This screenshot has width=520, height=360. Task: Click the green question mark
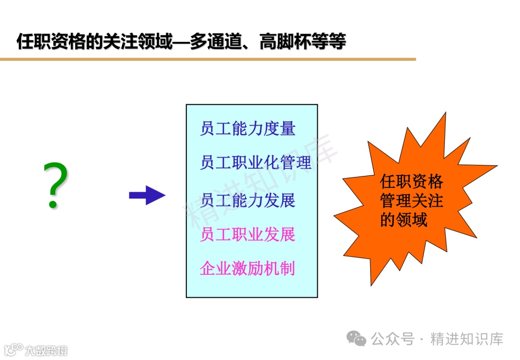click(55, 186)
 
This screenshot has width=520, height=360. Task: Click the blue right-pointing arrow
click(147, 195)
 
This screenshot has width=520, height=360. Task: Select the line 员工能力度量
click(247, 129)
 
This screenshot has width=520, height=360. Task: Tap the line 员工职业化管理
click(256, 163)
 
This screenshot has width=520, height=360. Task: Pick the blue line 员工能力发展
click(247, 200)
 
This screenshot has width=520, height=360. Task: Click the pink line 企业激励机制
click(247, 268)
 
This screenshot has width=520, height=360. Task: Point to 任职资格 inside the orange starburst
click(411, 182)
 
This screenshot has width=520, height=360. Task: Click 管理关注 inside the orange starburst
click(411, 200)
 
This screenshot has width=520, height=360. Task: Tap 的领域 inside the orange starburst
click(403, 220)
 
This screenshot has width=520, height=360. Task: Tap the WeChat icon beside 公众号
click(357, 339)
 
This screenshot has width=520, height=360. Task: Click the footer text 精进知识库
click(467, 339)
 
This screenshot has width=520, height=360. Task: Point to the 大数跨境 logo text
click(46, 350)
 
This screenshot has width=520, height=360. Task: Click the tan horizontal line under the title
click(208, 59)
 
